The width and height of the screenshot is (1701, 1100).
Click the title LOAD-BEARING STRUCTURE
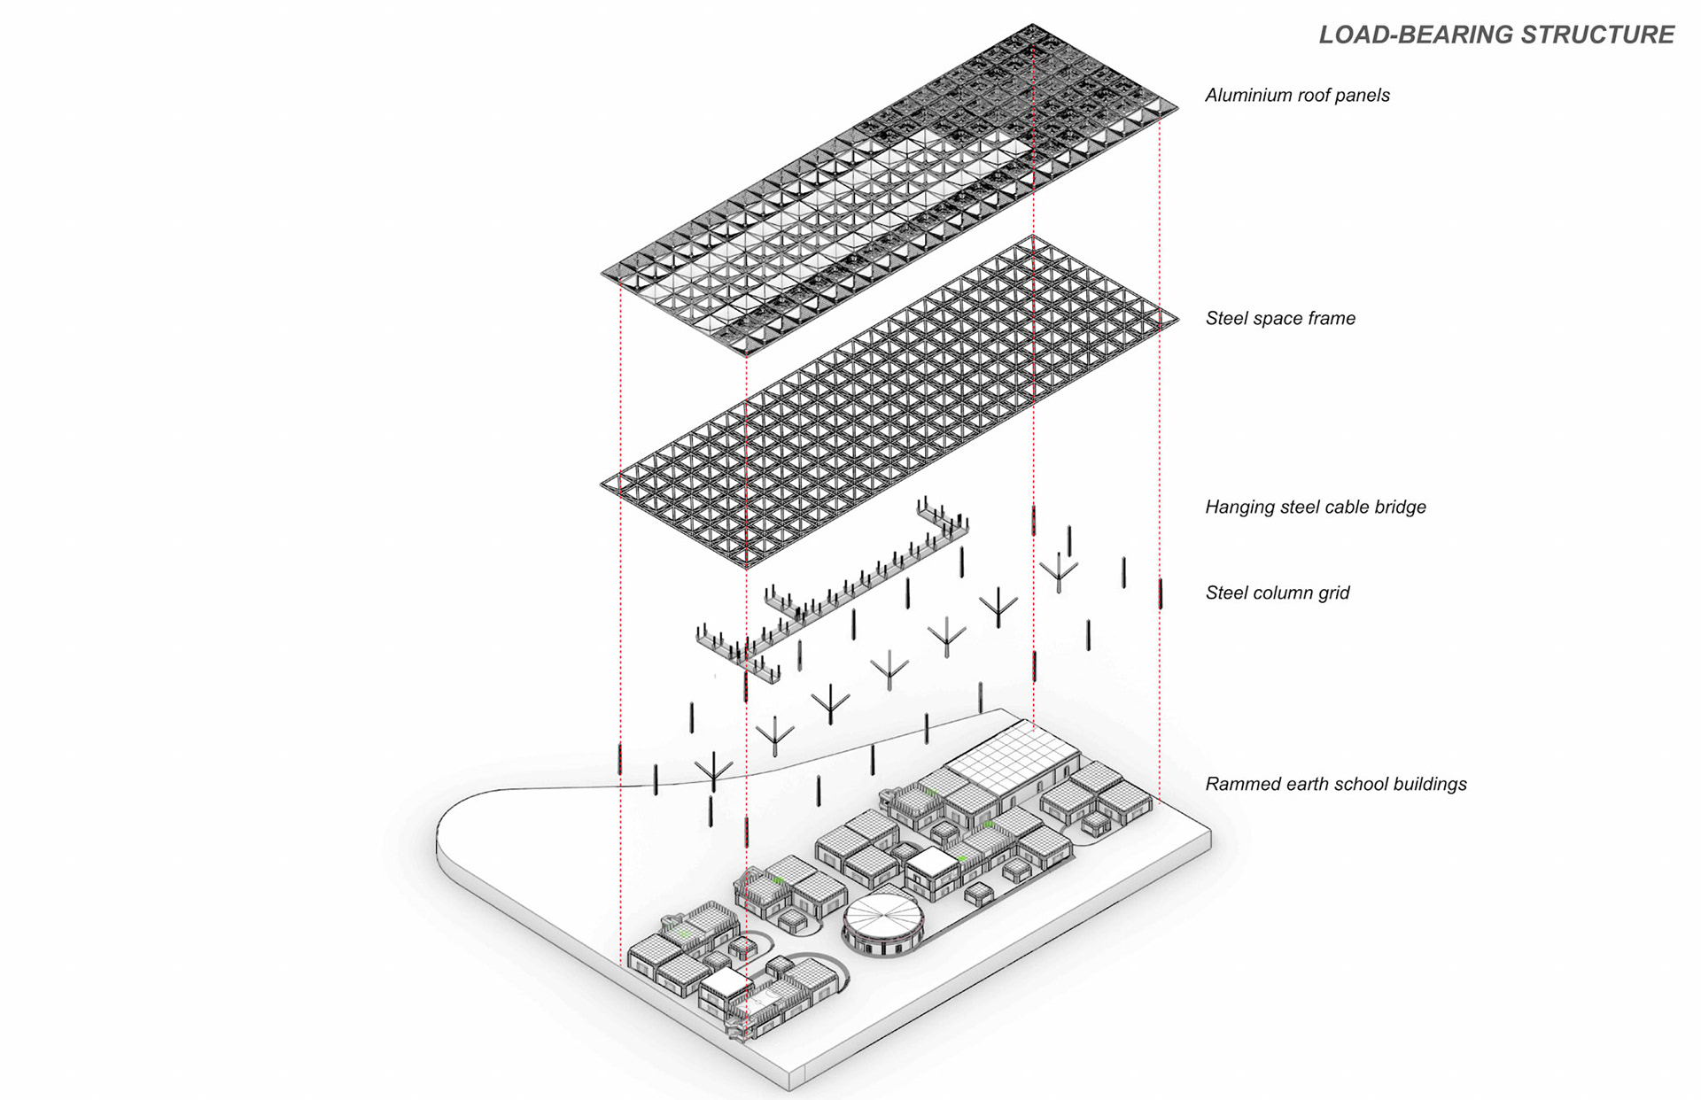[x=1496, y=35]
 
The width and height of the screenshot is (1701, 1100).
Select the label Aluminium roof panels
[x=1297, y=96]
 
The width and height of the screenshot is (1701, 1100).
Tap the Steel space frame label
[x=1280, y=319]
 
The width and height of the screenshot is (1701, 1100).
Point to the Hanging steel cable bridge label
[x=1316, y=507]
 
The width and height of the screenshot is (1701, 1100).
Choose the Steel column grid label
[x=1278, y=593]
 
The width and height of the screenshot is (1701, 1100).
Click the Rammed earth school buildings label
[x=1336, y=784]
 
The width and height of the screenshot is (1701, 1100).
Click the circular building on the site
[x=882, y=925]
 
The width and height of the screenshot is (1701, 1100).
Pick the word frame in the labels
[x=1329, y=319]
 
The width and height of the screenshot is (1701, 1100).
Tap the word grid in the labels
[x=1333, y=593]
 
